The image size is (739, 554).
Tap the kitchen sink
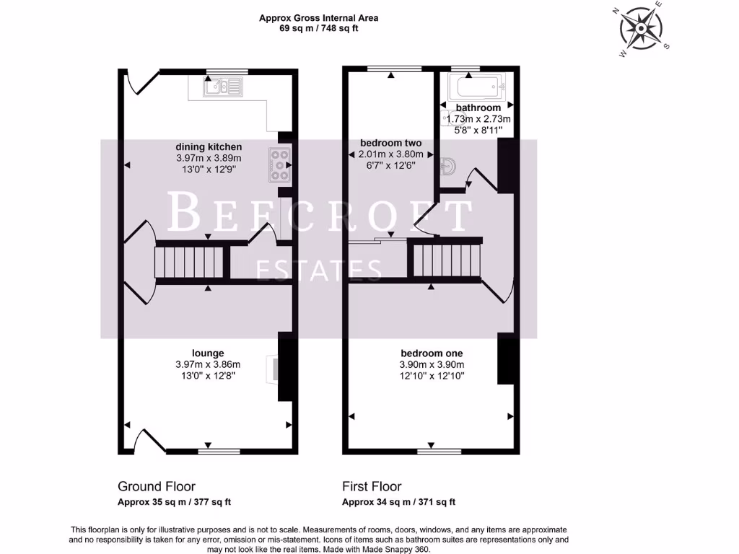(x=224, y=87)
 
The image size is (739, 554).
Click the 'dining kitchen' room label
(x=209, y=147)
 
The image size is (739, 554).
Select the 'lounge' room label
(x=208, y=353)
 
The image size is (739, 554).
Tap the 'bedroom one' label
(x=432, y=353)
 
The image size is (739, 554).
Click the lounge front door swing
(x=149, y=440)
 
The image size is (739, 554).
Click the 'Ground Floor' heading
(x=156, y=487)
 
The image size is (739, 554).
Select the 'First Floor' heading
(x=371, y=487)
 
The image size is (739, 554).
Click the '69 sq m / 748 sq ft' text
(x=318, y=29)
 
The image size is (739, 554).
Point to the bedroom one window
(x=430, y=452)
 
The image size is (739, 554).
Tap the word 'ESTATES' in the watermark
(x=319, y=271)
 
